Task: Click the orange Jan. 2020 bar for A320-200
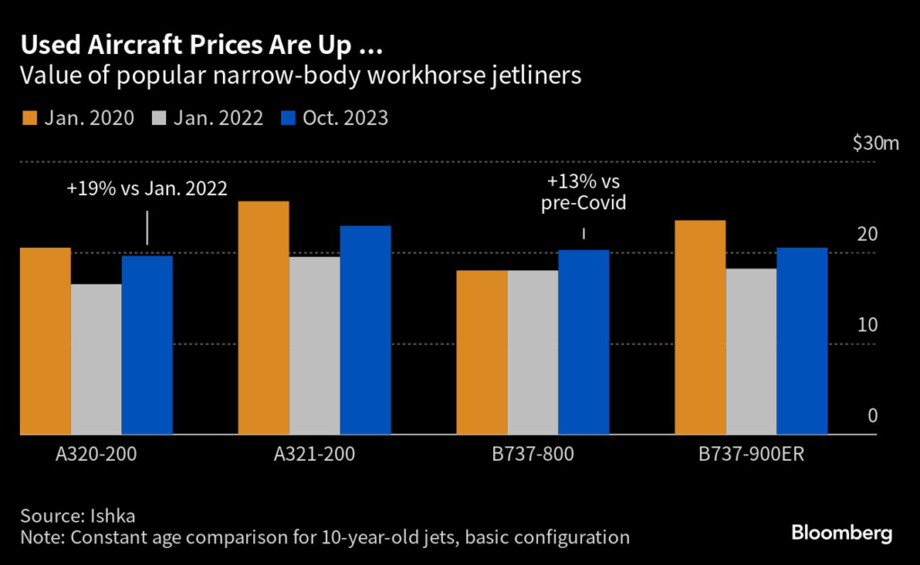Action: click(45, 341)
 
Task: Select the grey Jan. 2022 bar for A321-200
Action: click(314, 346)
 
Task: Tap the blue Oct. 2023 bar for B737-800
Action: click(584, 342)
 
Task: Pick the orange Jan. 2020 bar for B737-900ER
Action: click(700, 328)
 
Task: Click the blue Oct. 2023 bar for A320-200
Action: click(147, 346)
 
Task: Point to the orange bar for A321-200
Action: click(263, 318)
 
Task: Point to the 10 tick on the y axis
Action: click(867, 325)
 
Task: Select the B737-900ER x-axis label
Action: click(751, 455)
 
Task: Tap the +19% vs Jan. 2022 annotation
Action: click(146, 189)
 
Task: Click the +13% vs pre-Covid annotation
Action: click(584, 192)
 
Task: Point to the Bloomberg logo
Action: click(842, 534)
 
